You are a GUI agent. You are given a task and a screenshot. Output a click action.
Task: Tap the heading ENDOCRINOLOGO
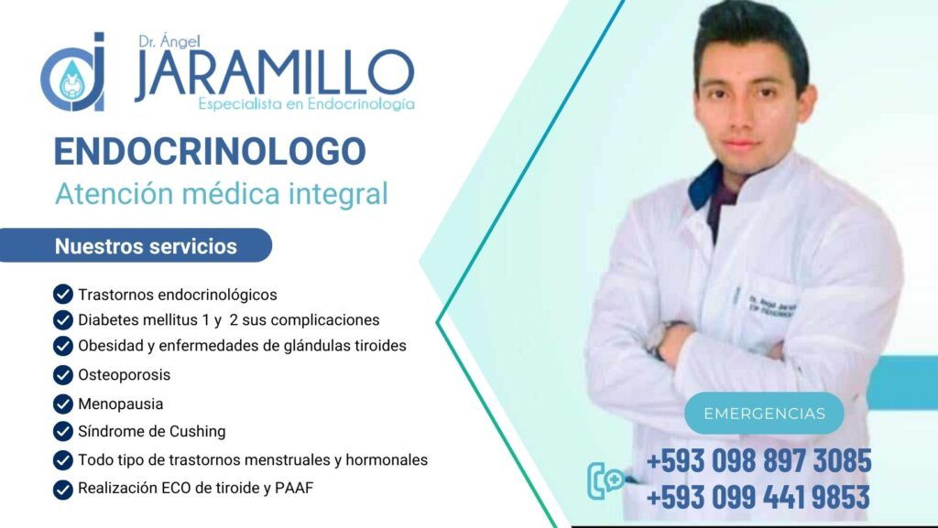coord(210,151)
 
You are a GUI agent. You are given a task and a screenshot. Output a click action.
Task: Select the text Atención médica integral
coord(221,194)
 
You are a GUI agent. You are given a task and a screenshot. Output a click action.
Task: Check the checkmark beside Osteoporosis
coord(63,375)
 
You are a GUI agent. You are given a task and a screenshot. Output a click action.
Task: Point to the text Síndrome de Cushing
coord(151,431)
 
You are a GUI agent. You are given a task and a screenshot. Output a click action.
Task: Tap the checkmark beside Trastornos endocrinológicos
coord(63,295)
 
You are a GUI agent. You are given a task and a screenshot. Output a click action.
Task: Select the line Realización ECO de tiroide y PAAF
coord(195,488)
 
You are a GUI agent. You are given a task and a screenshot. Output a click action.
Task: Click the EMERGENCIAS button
coord(764,414)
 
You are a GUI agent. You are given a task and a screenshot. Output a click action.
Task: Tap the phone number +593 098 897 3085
coord(758,460)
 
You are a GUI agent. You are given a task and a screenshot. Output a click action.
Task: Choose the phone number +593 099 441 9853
coord(758,498)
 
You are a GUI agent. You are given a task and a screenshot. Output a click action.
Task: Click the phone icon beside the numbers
coord(605,480)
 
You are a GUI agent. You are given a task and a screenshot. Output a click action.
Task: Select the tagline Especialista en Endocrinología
coord(306,104)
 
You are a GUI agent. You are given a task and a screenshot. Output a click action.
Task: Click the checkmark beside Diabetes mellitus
coord(63,320)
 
